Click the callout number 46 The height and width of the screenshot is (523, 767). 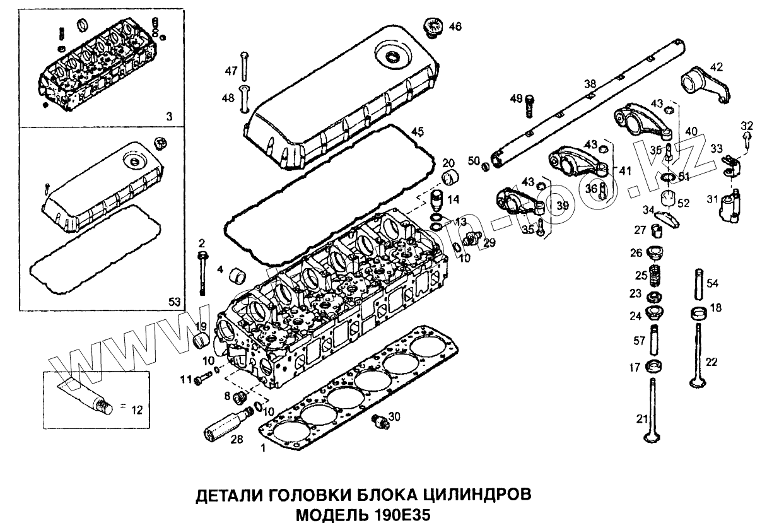[455, 26]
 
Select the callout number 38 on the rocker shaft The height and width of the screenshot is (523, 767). [590, 83]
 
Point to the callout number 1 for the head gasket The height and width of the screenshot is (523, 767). [264, 449]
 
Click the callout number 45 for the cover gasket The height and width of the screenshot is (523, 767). [417, 131]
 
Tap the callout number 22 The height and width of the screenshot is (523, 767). [711, 361]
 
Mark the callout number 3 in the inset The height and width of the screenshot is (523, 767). [169, 117]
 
